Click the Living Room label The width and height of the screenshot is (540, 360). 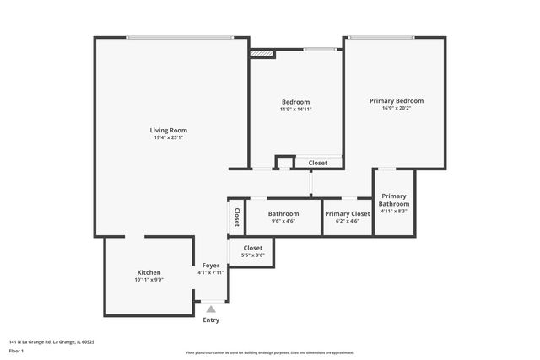[x=168, y=130]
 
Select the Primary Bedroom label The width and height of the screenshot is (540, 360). [x=396, y=100]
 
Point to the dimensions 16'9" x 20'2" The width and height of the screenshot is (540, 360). [x=396, y=108]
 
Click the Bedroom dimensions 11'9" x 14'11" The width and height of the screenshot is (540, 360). [x=295, y=110]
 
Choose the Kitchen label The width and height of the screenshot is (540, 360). [x=148, y=272]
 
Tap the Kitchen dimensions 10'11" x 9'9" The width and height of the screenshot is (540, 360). [x=148, y=280]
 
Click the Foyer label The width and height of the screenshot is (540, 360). [x=210, y=265]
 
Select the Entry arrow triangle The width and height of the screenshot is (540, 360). [x=211, y=309]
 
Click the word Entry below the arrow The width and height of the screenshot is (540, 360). [x=211, y=320]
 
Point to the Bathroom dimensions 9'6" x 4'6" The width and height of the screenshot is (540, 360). [x=283, y=221]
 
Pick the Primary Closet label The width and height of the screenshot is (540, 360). [x=348, y=213]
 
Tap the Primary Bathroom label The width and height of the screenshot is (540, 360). [x=394, y=200]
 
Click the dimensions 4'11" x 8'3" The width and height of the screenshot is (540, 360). [x=394, y=212]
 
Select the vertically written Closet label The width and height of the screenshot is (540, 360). [x=236, y=217]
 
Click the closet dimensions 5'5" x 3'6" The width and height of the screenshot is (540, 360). [x=252, y=255]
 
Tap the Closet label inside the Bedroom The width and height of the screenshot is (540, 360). [x=317, y=163]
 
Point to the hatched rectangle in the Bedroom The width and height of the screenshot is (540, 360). [x=262, y=53]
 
